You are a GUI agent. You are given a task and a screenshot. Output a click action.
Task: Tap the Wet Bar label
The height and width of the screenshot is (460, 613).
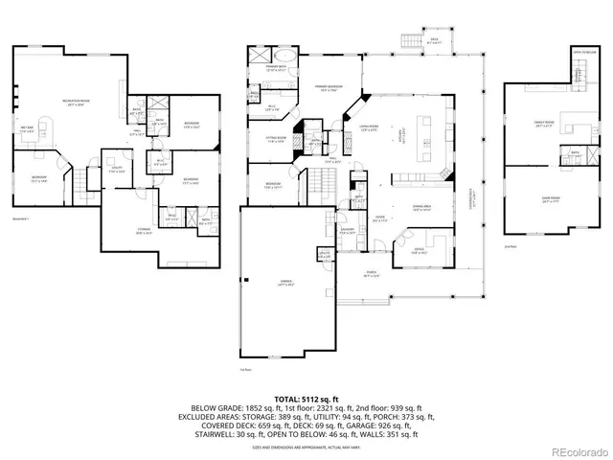click(30, 129)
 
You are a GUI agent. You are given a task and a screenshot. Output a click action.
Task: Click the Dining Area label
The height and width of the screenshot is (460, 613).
click(420, 207)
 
